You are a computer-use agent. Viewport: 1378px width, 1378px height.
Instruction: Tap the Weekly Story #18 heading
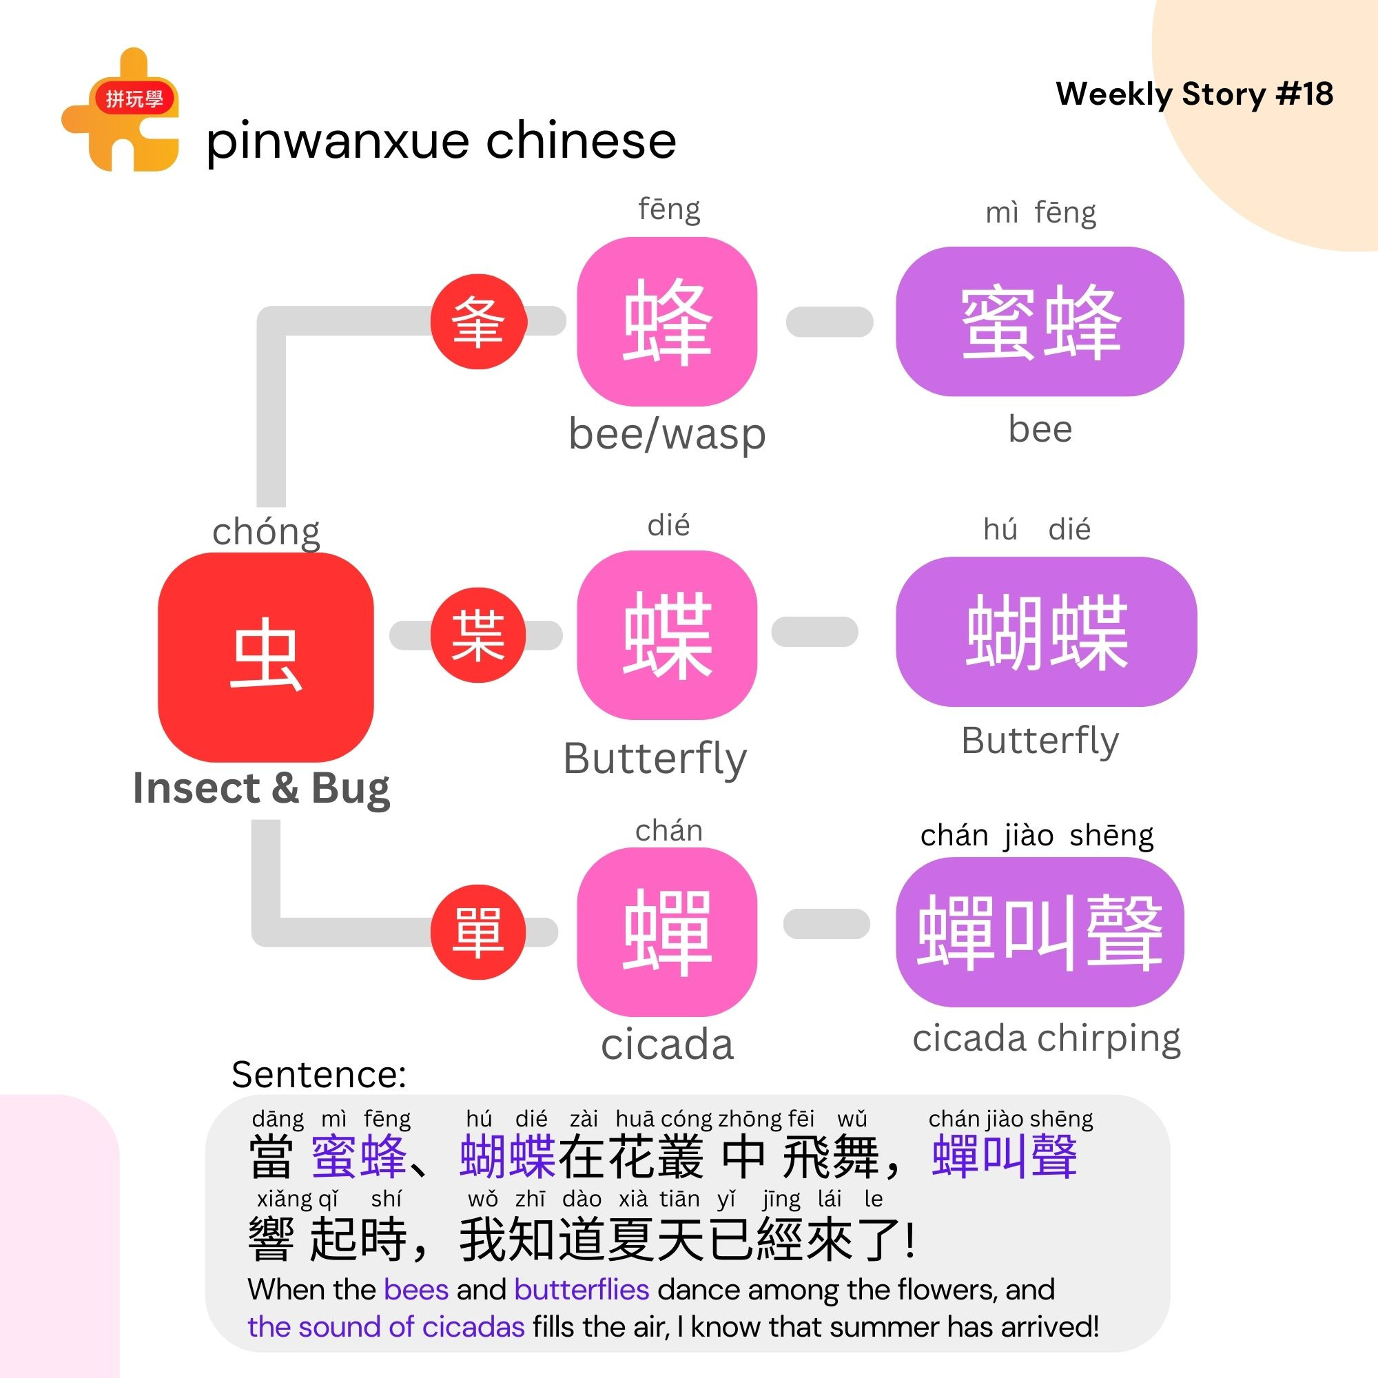click(x=1194, y=94)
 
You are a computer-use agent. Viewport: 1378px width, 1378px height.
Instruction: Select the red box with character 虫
click(x=265, y=657)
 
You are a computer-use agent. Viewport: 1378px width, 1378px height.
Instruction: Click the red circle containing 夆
click(x=479, y=322)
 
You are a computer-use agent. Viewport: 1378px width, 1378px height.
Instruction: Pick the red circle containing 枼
click(x=479, y=635)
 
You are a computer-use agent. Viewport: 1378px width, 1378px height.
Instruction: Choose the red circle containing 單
click(x=479, y=932)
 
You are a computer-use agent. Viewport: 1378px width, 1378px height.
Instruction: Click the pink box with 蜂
click(x=667, y=322)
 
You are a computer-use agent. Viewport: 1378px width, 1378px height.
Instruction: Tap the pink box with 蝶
click(x=667, y=635)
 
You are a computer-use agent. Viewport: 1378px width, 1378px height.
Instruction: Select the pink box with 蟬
click(x=667, y=932)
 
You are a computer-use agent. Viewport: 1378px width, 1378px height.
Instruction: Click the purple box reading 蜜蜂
click(x=1040, y=322)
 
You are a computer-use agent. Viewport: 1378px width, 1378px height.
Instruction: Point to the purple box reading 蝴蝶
click(x=1046, y=632)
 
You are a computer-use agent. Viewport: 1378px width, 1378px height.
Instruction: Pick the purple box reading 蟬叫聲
click(x=1040, y=932)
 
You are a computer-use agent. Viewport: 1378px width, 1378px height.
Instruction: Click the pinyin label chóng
click(x=266, y=531)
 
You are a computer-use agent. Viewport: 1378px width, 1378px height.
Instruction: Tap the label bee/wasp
click(x=667, y=433)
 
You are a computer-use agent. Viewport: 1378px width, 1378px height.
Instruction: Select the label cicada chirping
click(x=1046, y=1038)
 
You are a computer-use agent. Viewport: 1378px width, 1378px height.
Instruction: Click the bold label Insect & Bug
click(x=261, y=788)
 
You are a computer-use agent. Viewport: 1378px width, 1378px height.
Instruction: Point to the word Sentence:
click(x=319, y=1074)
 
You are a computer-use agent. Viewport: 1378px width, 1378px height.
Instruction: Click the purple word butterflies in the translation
click(x=582, y=1290)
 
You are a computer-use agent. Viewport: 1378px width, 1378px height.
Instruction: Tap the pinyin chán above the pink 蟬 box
click(x=669, y=831)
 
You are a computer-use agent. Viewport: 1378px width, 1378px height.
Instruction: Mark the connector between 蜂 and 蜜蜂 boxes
click(x=830, y=322)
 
